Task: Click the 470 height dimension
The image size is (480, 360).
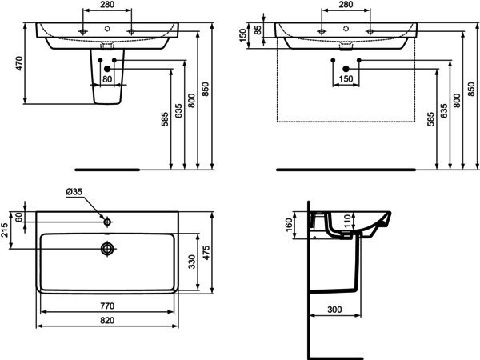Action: pos(19,63)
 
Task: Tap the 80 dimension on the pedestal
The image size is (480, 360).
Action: pos(107,79)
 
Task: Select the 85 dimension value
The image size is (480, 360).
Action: pos(258,30)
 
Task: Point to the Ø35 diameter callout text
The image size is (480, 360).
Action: pos(74,192)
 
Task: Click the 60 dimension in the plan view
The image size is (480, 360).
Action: pos(19,218)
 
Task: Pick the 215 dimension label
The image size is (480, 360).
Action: pos(4,230)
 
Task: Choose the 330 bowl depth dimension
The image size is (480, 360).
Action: pos(192,262)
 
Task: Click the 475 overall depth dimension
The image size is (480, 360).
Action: pos(206,253)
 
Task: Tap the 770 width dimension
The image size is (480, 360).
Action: pos(107,306)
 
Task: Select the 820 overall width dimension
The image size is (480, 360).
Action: pos(107,320)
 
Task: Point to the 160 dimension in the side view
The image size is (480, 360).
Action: pos(289,225)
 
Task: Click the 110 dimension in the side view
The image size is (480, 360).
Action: pos(347,221)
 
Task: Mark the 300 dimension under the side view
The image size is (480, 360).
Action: pos(334,310)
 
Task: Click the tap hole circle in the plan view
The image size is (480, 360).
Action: pos(107,222)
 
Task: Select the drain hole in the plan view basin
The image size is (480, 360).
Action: pos(107,249)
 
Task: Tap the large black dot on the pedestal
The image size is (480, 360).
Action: pos(107,69)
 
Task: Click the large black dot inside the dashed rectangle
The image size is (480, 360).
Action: pos(346,69)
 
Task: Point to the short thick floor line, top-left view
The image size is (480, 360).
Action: pos(107,170)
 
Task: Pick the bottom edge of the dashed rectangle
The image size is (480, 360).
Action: pos(346,122)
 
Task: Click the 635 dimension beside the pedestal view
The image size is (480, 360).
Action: pos(178,111)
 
